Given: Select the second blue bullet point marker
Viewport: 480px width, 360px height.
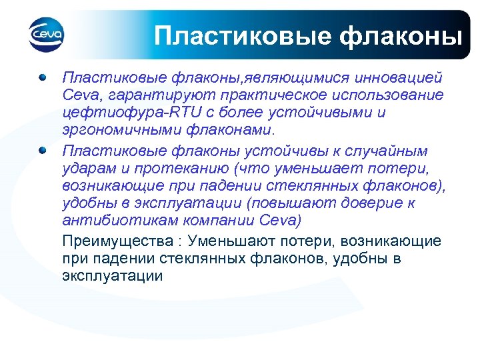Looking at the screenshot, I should coord(43,151).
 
